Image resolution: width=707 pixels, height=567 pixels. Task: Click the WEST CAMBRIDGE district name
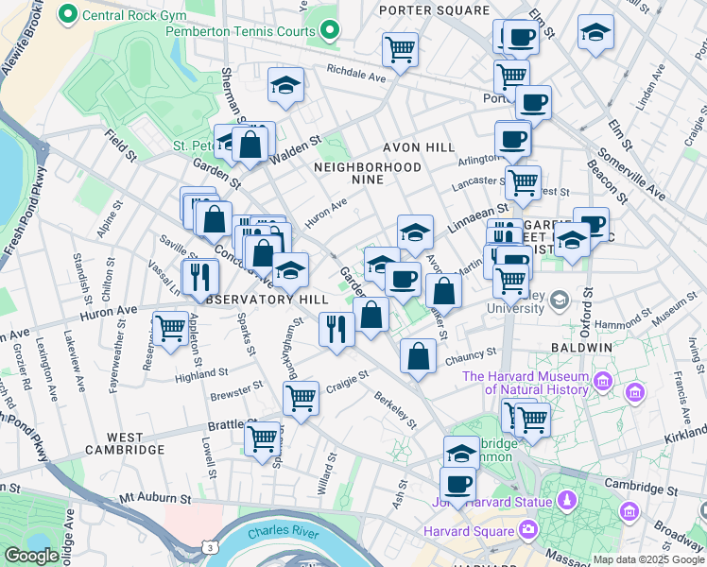point(124,443)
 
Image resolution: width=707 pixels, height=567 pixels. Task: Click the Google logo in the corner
point(31,556)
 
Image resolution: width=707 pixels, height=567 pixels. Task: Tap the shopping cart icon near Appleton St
point(170,330)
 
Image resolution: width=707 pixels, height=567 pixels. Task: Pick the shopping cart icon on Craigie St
point(301,398)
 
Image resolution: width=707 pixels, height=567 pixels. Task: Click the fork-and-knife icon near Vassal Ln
point(199,276)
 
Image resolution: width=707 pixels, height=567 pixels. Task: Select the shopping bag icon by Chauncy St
point(418,357)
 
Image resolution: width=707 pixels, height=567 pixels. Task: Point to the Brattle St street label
point(226,425)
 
